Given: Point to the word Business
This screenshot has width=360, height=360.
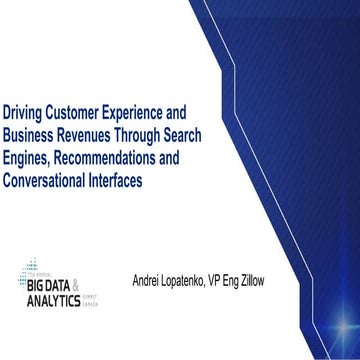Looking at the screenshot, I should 31,134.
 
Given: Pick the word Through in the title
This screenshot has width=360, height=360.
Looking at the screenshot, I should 160,134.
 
